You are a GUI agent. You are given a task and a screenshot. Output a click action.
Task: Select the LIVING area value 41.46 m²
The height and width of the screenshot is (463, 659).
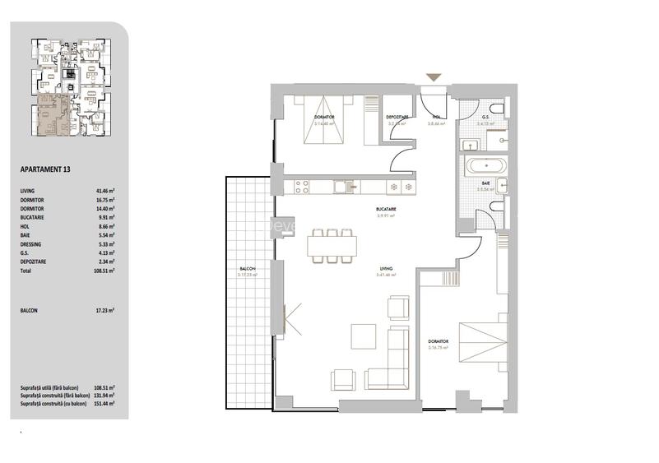[x=104, y=190]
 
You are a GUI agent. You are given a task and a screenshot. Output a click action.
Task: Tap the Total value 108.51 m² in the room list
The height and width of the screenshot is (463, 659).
[x=104, y=270]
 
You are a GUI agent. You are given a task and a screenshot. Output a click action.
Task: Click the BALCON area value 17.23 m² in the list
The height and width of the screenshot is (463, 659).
[x=104, y=310]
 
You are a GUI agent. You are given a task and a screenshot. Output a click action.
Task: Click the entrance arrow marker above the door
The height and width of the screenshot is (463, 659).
[x=434, y=77]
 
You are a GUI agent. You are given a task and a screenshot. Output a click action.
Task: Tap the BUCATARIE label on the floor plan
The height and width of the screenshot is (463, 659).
[x=386, y=209]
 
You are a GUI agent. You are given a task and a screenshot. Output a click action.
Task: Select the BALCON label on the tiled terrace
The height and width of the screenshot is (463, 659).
[x=247, y=269]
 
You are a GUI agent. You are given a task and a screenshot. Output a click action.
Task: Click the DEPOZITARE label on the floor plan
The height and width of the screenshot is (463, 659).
[x=397, y=118]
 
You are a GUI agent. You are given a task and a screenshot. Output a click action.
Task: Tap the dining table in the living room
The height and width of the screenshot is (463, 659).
[x=333, y=244]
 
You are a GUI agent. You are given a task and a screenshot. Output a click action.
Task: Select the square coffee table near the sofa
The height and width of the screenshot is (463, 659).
[x=363, y=337]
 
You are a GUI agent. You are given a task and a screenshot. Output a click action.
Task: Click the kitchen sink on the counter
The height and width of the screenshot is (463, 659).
[x=341, y=186]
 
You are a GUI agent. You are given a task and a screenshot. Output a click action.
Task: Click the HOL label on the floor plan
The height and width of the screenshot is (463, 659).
[x=437, y=118]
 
